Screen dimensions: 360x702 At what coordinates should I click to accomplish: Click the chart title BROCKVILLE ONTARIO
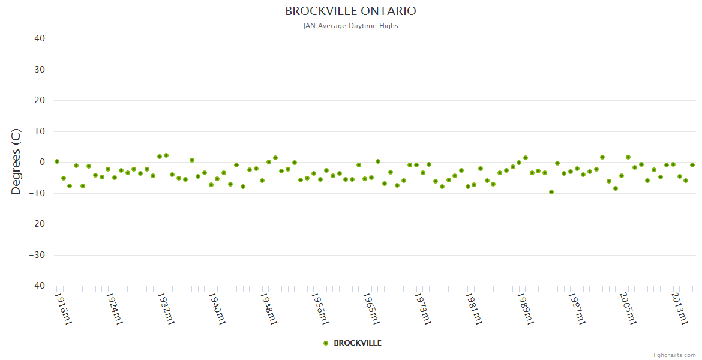click(x=350, y=11)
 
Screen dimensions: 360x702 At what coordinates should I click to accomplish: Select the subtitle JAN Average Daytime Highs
click(x=350, y=26)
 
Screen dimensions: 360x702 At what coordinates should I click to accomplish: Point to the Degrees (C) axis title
click(x=16, y=162)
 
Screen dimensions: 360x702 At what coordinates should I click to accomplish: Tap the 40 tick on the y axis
click(x=40, y=38)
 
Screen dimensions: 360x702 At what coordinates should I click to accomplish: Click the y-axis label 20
click(x=40, y=100)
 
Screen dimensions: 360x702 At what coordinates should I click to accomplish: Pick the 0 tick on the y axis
click(x=42, y=162)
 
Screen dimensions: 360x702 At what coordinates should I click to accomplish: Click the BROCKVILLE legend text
click(x=358, y=343)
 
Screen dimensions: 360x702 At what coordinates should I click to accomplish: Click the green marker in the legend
click(x=326, y=343)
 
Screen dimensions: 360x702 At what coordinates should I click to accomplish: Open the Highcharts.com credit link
click(x=673, y=355)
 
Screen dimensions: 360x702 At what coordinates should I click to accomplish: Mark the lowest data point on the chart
click(x=551, y=192)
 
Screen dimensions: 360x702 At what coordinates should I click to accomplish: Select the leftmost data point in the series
click(x=57, y=161)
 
